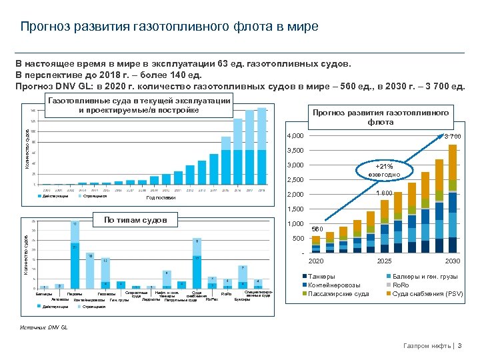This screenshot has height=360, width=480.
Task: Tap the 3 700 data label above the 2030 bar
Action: (453, 137)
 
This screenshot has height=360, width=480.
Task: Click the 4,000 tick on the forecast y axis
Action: (294, 136)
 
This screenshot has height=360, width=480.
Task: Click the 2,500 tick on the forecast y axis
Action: (294, 180)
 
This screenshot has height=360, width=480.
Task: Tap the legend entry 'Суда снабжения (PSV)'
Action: (427, 293)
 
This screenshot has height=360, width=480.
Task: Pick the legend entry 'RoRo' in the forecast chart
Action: (402, 285)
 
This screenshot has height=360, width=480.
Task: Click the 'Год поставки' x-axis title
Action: (161, 198)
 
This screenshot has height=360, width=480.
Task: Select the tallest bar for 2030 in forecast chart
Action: (453, 200)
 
